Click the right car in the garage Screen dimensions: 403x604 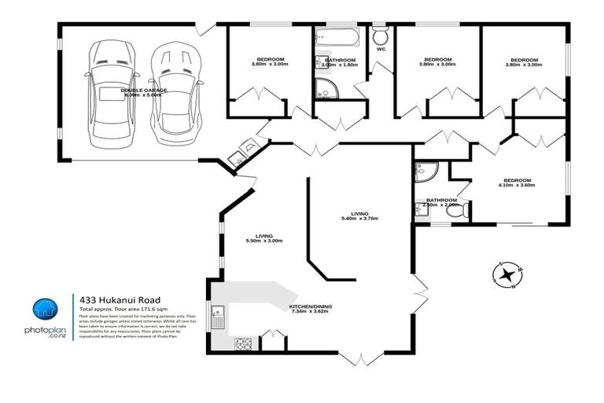pyautogui.click(x=171, y=93)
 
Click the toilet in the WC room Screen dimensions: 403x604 pyautogui.click(x=381, y=36)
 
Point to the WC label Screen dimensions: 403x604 pyautogui.click(x=381, y=50)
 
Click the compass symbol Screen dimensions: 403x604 pyautogui.click(x=506, y=275)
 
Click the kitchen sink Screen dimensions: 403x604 pyautogui.click(x=219, y=319)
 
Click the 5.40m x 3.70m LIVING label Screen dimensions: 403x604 pyautogui.click(x=359, y=216)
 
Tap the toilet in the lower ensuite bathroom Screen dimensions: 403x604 pyautogui.click(x=463, y=211)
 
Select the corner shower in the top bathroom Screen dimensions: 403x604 pyautogui.click(x=326, y=87)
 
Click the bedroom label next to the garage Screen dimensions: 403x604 pyautogui.click(x=270, y=61)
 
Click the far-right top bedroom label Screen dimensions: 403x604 pyautogui.click(x=524, y=63)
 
